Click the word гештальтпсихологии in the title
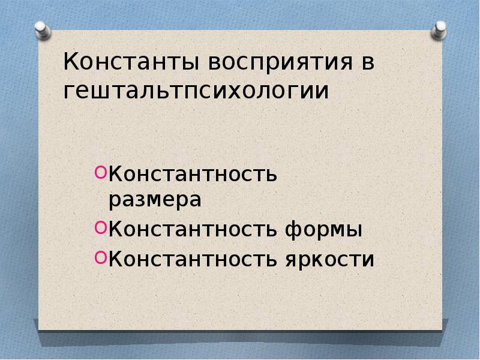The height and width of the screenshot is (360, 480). tap(196, 92)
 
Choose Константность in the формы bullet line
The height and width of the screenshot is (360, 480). tap(192, 229)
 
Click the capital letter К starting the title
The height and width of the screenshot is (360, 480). tap(71, 62)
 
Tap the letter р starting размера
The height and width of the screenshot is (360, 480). tap(114, 202)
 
